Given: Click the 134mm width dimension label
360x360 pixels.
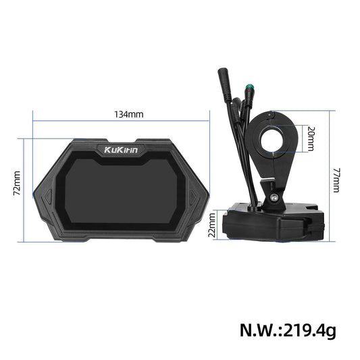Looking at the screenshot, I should tap(128, 114).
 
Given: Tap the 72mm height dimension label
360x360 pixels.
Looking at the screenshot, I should tap(18, 182).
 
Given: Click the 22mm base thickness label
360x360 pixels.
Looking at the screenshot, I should tap(212, 225).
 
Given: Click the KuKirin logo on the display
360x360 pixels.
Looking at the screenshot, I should tap(121, 150).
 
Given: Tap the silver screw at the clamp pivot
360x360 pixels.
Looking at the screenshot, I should tap(274, 197).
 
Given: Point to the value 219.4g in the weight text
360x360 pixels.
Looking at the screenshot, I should tap(309, 330).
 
